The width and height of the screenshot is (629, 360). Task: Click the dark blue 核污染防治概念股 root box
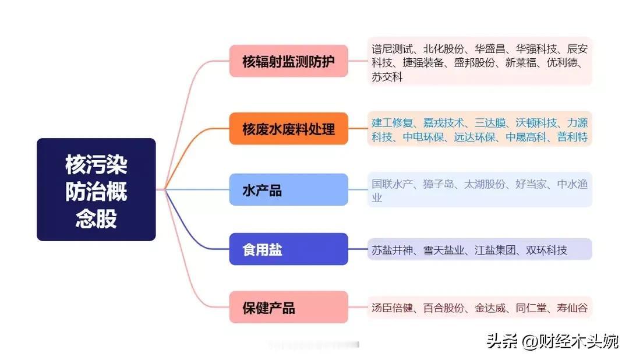96,189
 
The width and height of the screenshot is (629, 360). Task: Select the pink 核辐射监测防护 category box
288,61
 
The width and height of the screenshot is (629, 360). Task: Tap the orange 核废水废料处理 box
288,129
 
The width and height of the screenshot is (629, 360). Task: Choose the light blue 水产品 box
288,190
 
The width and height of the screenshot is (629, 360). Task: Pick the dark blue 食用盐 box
288,249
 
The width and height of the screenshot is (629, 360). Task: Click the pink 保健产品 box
288,308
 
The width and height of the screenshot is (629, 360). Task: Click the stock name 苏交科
387,77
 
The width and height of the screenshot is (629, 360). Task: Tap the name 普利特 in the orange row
573,137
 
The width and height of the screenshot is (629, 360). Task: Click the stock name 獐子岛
439,184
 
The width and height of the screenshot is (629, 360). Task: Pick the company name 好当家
531,184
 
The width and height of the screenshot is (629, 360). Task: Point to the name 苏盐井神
392,250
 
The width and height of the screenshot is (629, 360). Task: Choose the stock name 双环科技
546,250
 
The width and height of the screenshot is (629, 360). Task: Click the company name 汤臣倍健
392,308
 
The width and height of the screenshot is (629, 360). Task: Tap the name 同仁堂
531,308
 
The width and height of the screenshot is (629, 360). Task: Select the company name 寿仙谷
573,308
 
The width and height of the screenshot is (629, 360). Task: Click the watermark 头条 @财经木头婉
552,341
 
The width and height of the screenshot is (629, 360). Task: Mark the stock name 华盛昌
490,49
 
